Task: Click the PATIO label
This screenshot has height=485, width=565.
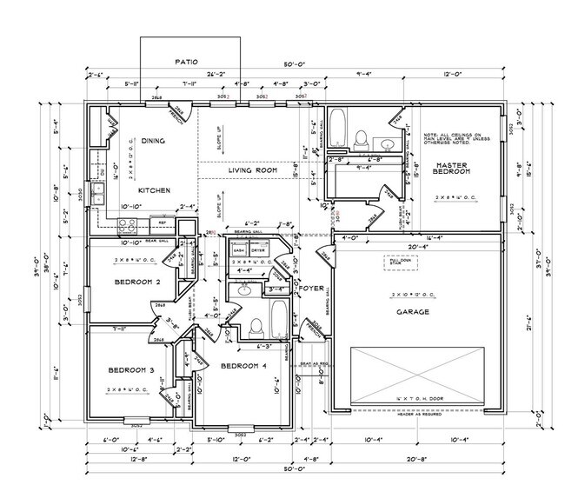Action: click(186, 62)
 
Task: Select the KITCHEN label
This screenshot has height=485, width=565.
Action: click(153, 189)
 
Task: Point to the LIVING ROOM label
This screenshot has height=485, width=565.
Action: click(252, 170)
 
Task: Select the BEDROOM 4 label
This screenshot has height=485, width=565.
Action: click(244, 366)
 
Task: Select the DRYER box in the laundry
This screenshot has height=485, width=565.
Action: click(258, 249)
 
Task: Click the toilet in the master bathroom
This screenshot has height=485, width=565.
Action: click(361, 137)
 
